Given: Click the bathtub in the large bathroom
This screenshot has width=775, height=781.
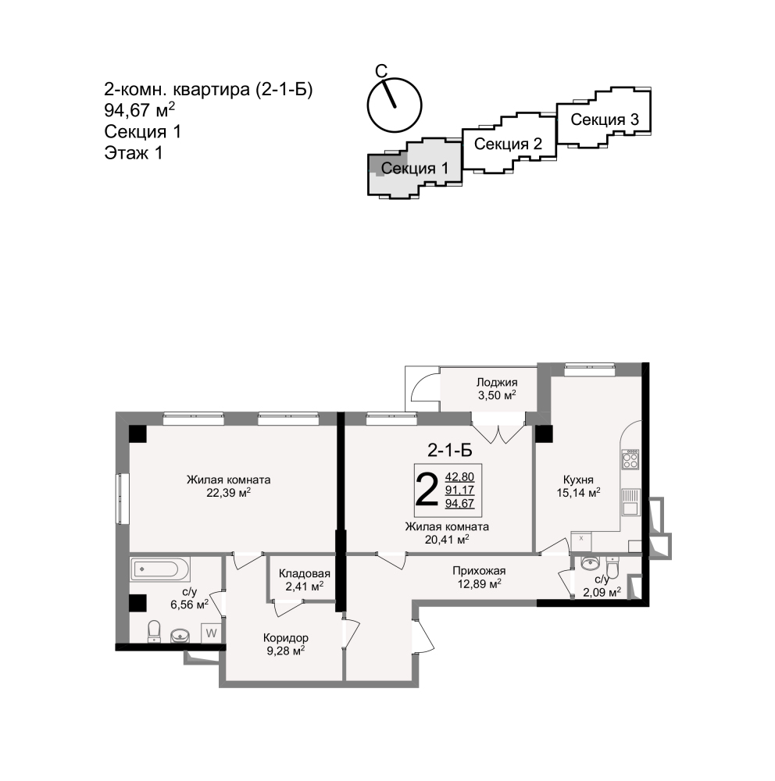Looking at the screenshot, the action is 160,569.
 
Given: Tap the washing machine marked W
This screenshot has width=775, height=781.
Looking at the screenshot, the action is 211,633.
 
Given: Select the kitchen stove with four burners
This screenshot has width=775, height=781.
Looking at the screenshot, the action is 630,459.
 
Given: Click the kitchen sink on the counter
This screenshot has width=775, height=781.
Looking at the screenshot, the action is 630,502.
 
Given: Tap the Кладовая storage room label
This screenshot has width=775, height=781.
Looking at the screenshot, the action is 304,573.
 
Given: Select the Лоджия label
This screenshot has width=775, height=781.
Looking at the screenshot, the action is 496,382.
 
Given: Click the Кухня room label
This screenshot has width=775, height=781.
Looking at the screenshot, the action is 578,480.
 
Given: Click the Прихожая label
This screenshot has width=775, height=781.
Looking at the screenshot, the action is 479,571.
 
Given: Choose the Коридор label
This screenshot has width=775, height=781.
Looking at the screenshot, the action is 286,637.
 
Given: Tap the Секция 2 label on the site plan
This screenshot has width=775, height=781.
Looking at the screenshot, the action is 508,144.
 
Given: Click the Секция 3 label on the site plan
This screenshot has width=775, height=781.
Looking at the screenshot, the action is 605,119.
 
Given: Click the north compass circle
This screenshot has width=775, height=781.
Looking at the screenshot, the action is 395,105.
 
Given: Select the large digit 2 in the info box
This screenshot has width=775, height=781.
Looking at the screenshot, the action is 427,490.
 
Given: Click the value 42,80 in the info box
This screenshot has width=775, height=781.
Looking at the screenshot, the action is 459,476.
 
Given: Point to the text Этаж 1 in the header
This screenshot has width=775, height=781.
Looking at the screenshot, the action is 134,153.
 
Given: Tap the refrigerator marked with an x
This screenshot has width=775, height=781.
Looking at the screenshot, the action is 581,541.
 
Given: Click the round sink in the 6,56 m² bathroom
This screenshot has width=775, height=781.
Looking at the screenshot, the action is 180,636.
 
